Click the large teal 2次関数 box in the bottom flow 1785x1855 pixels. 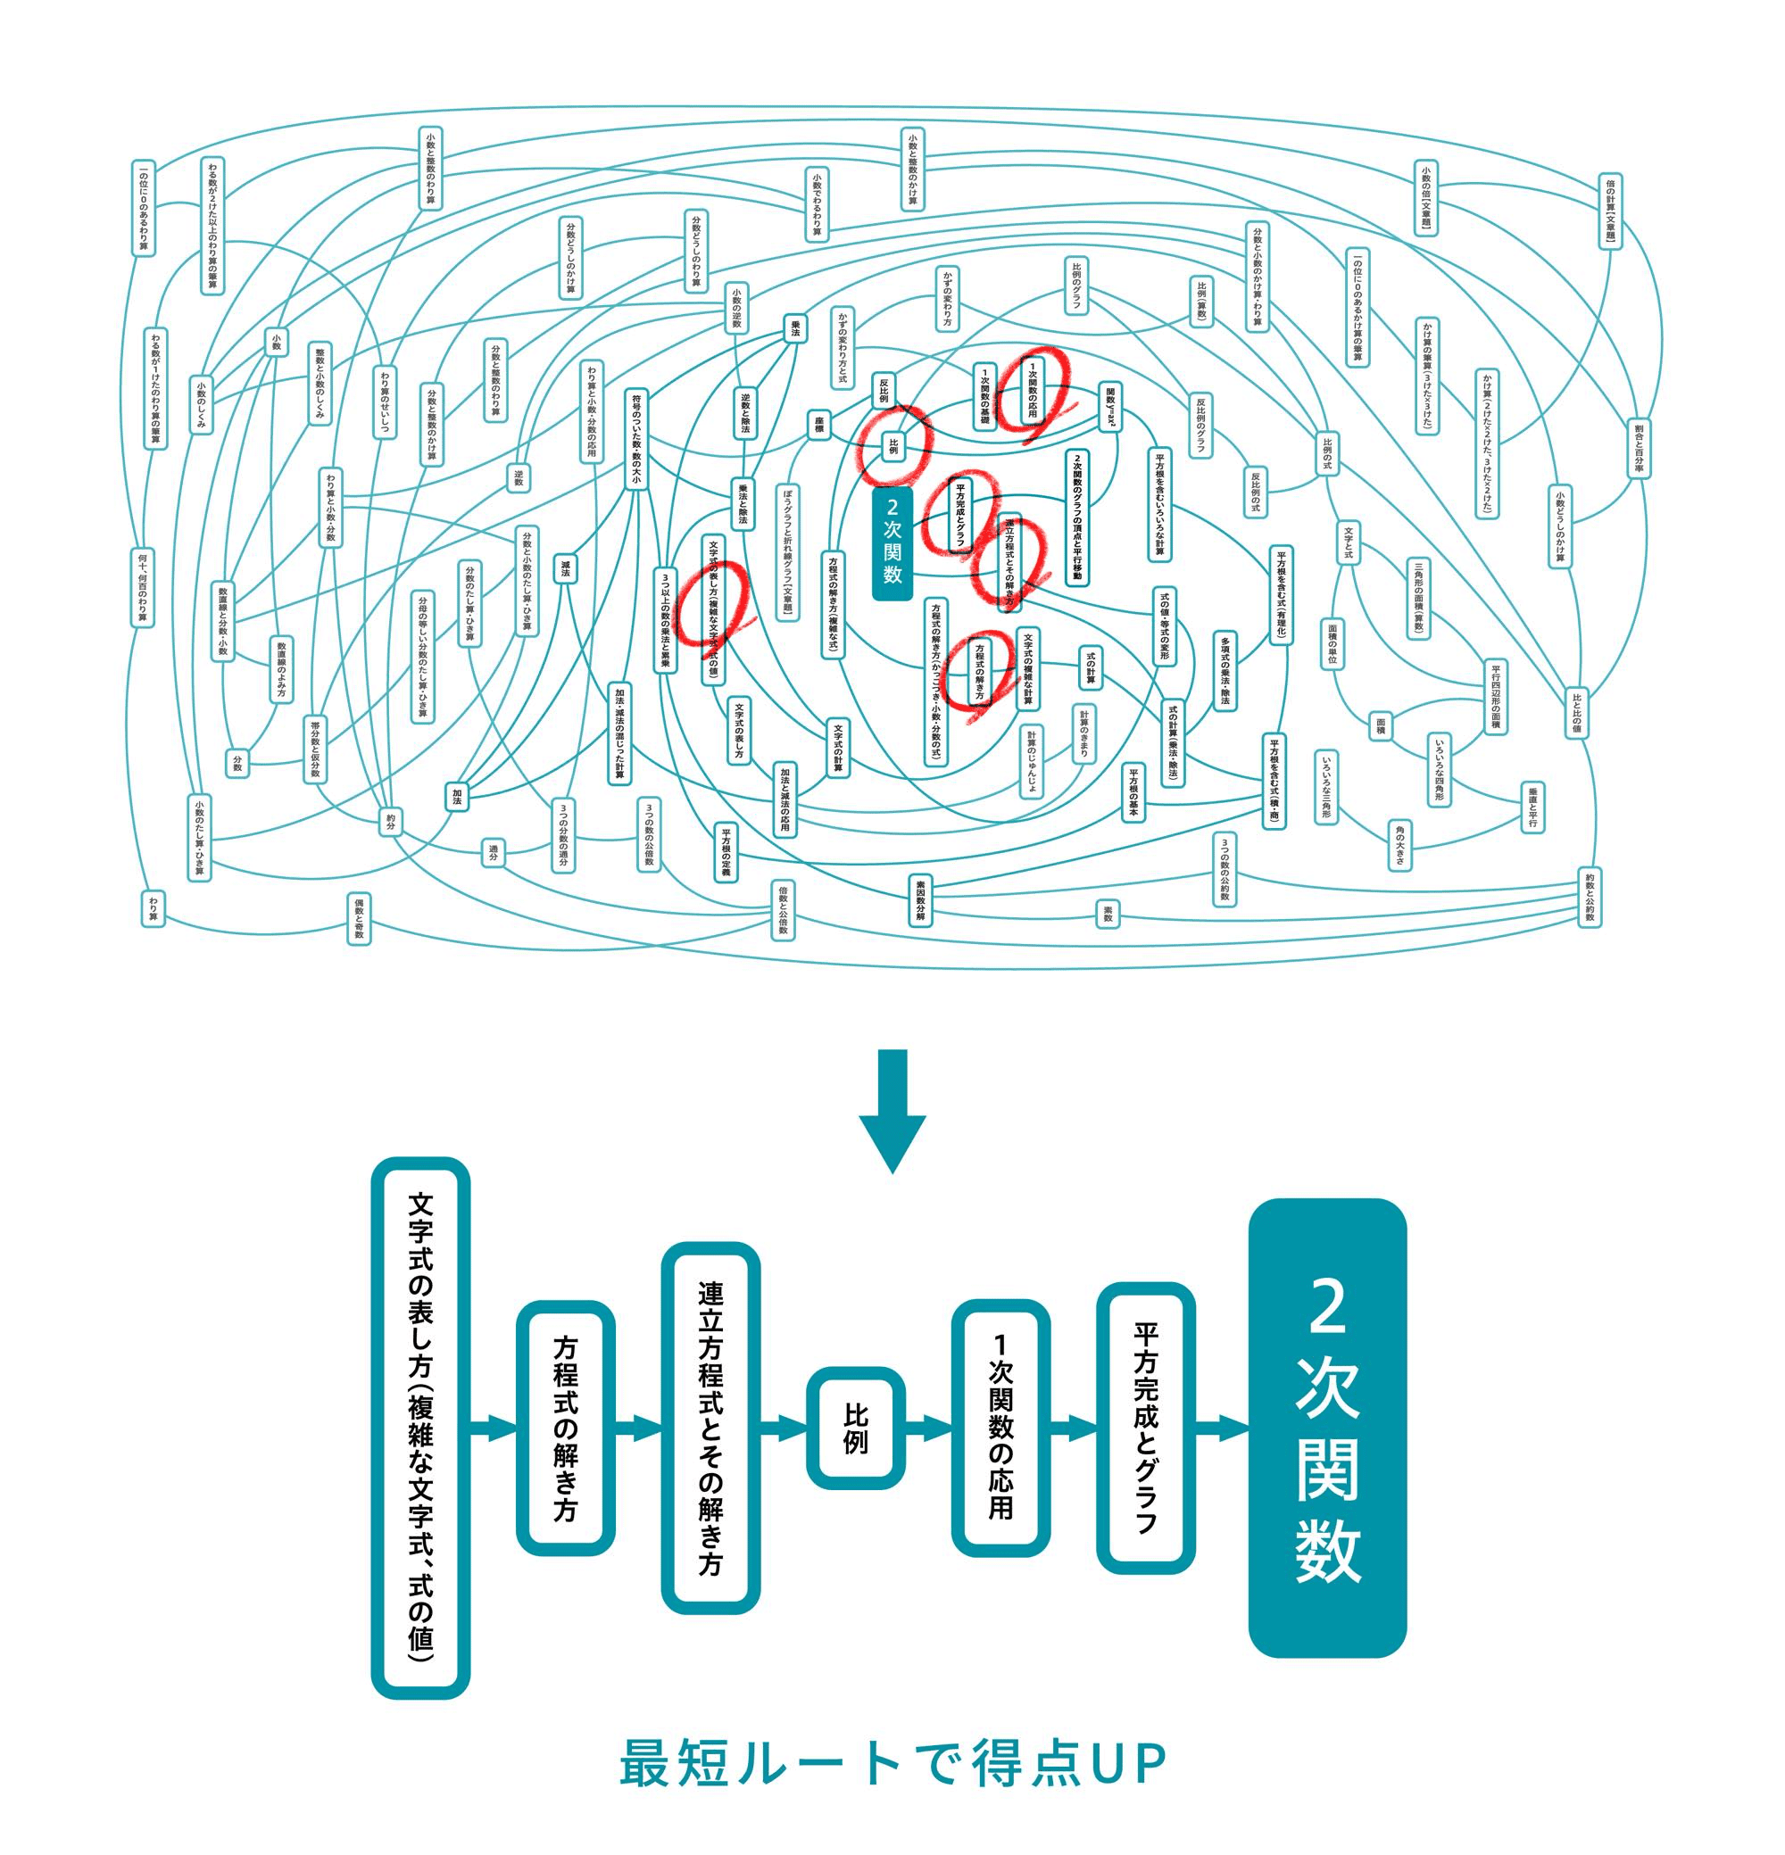click(1327, 1429)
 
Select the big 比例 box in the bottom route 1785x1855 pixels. click(856, 1429)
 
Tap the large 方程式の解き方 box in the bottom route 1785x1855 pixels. click(565, 1429)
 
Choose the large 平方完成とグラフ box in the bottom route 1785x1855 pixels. click(1145, 1429)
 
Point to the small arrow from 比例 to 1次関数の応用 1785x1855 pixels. click(928, 1429)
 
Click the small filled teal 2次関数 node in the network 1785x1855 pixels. click(892, 543)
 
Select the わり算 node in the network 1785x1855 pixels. click(154, 907)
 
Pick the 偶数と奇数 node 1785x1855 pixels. click(359, 918)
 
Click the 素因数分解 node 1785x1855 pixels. click(920, 899)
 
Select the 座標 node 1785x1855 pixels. click(818, 425)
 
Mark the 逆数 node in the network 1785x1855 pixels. click(519, 478)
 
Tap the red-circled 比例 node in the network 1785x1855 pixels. click(892, 446)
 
